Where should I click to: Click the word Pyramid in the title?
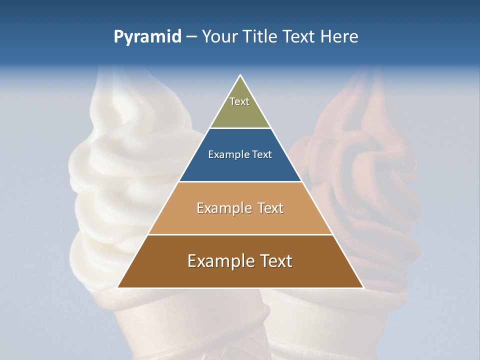tap(147, 37)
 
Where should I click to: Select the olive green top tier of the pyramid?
tap(240, 112)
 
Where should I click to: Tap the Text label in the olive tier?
tap(239, 101)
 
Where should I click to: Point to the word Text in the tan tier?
tap(270, 208)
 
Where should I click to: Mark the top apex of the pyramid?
tap(240, 76)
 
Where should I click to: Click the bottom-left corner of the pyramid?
tap(118, 287)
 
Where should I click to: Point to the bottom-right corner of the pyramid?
tap(363, 287)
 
